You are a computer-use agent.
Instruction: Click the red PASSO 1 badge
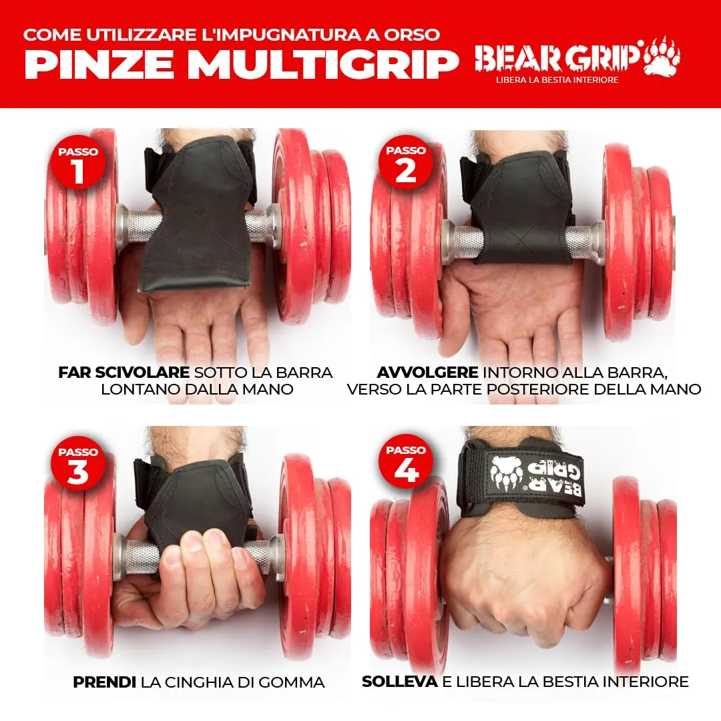(x=78, y=162)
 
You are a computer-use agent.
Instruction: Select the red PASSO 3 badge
(x=78, y=463)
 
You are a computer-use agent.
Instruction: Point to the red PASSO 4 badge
(x=406, y=461)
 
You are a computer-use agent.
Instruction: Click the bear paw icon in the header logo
(x=661, y=56)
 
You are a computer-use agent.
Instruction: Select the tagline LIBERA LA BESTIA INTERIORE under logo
(x=557, y=80)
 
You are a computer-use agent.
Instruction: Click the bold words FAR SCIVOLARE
(x=124, y=373)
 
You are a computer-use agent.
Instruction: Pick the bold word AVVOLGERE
(x=427, y=373)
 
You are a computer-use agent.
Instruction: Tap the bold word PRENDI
(x=104, y=682)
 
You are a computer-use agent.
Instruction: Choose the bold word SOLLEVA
(x=400, y=682)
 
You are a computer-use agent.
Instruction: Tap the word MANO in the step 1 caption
(x=268, y=389)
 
